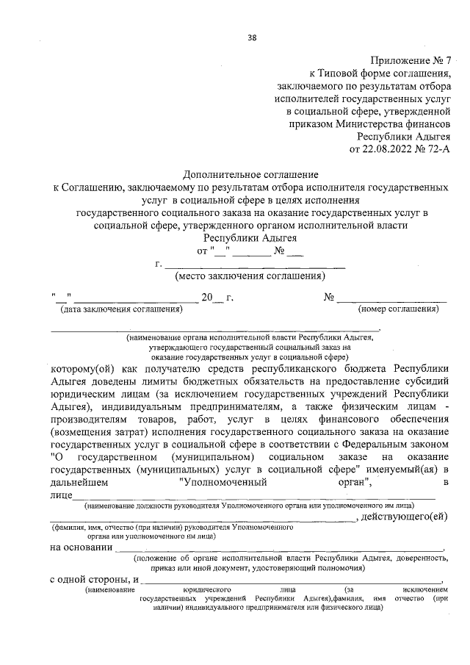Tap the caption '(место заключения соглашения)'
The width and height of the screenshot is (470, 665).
(x=249, y=277)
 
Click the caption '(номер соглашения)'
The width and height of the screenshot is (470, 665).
(x=398, y=309)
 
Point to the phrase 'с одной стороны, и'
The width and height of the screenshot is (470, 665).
(x=94, y=580)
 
